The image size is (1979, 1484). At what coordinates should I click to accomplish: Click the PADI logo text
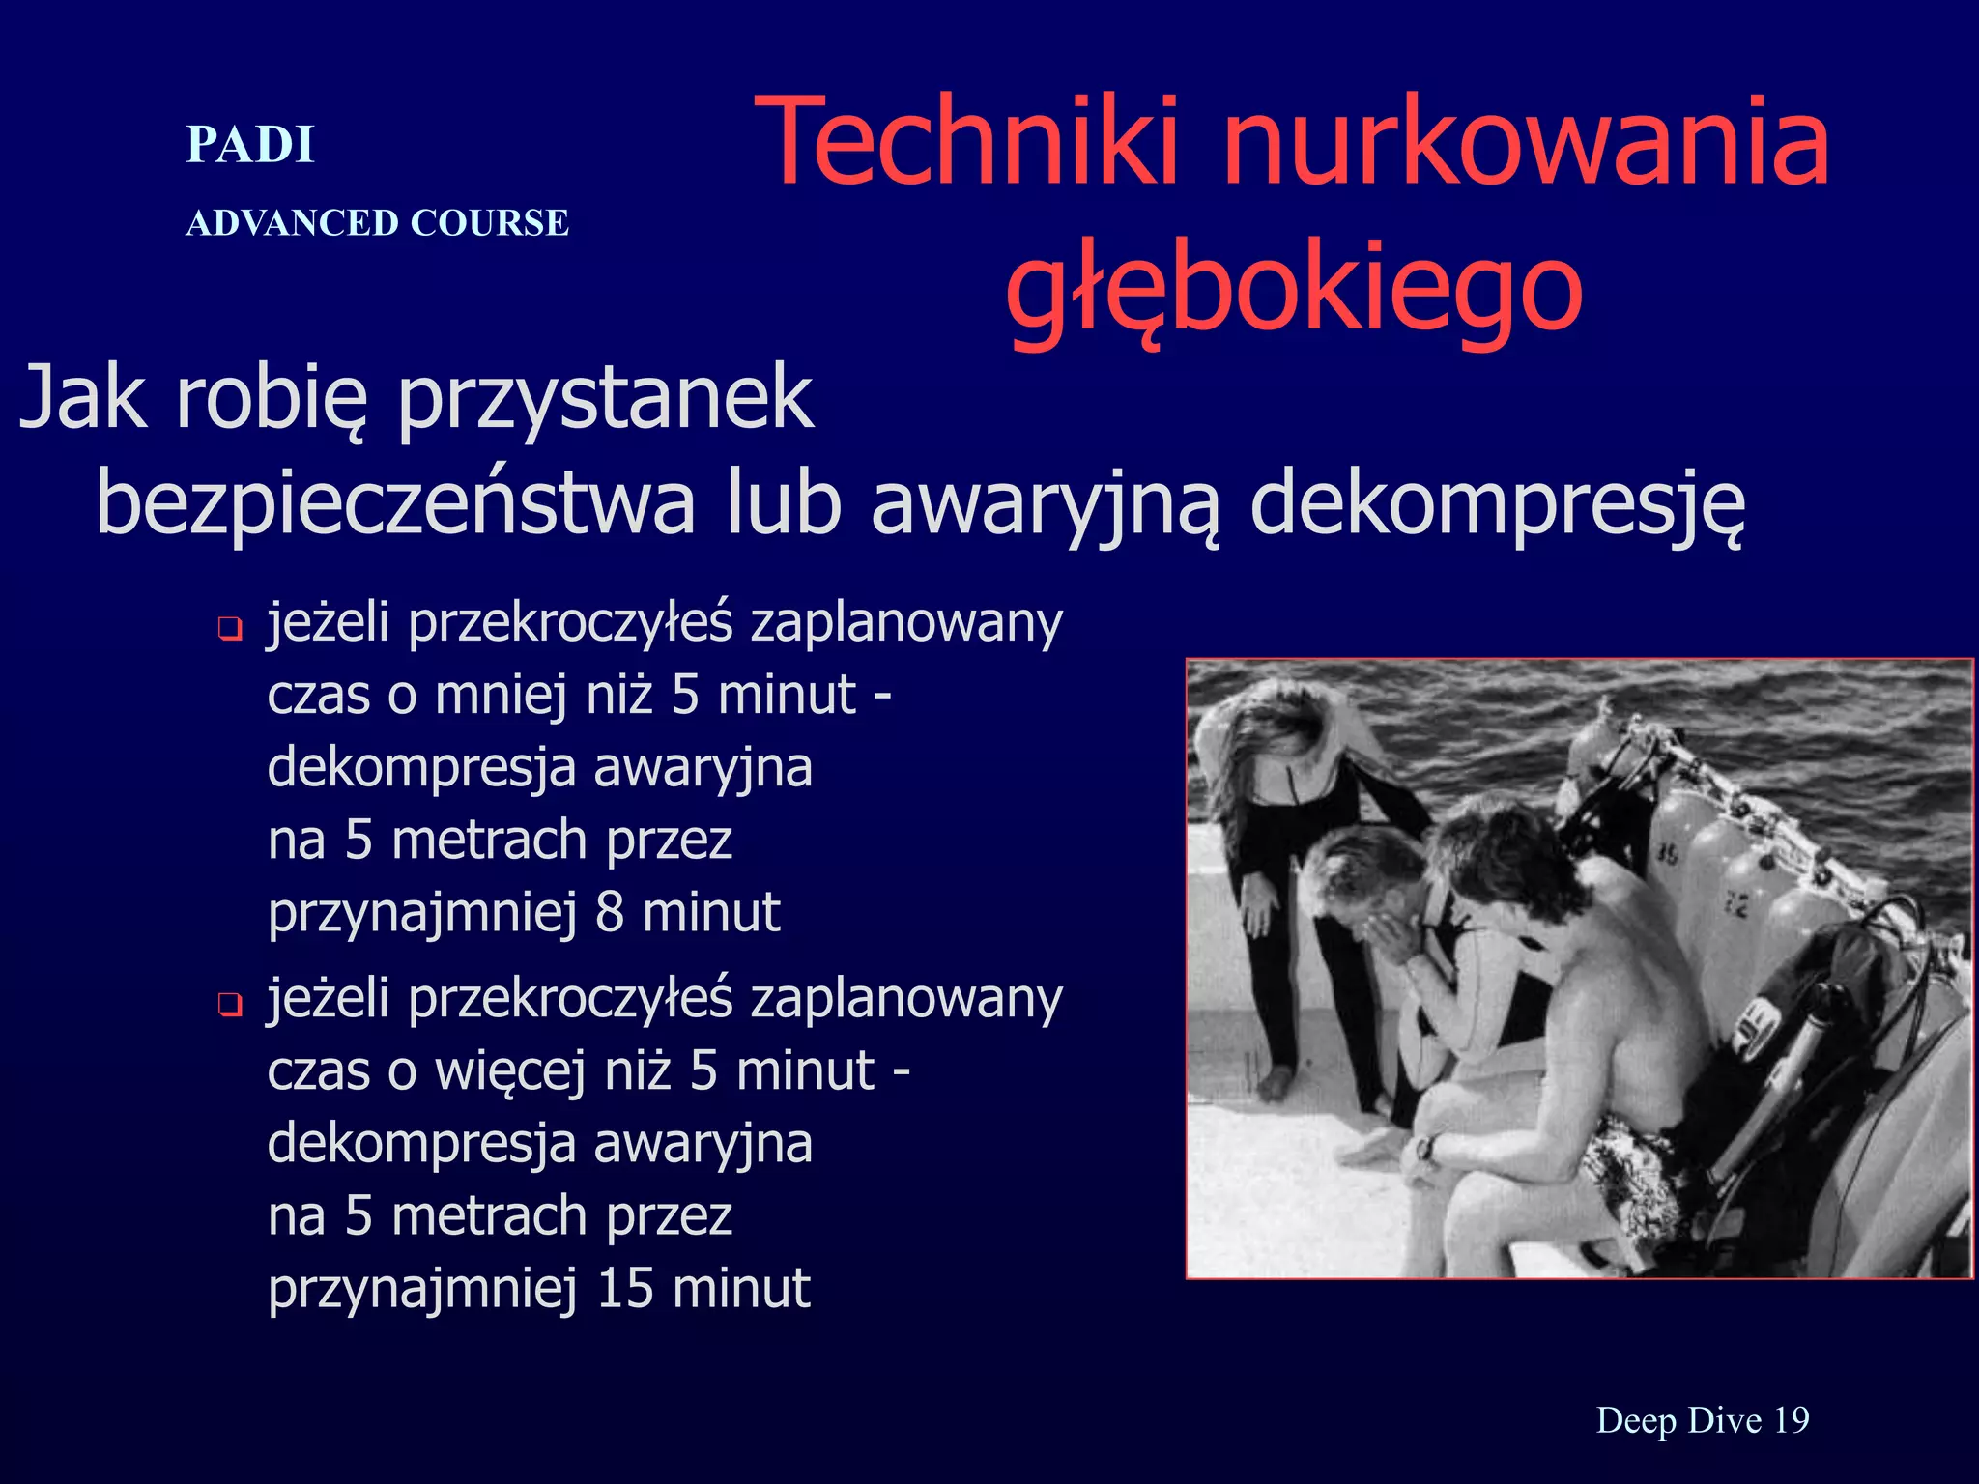coord(250,145)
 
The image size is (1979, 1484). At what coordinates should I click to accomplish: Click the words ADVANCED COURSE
coord(377,223)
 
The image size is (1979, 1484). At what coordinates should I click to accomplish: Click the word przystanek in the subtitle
coord(605,398)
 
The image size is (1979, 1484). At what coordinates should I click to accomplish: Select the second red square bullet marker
coord(230,1006)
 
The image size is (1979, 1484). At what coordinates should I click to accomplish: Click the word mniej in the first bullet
coord(500,696)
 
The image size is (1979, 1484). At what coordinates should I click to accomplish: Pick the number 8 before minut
coord(610,913)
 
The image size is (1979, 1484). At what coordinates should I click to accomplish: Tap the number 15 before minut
coord(625,1288)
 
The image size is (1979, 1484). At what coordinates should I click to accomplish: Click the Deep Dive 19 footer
coord(1702,1420)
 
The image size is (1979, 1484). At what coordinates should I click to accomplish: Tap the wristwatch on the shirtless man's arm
coord(1423,1149)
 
